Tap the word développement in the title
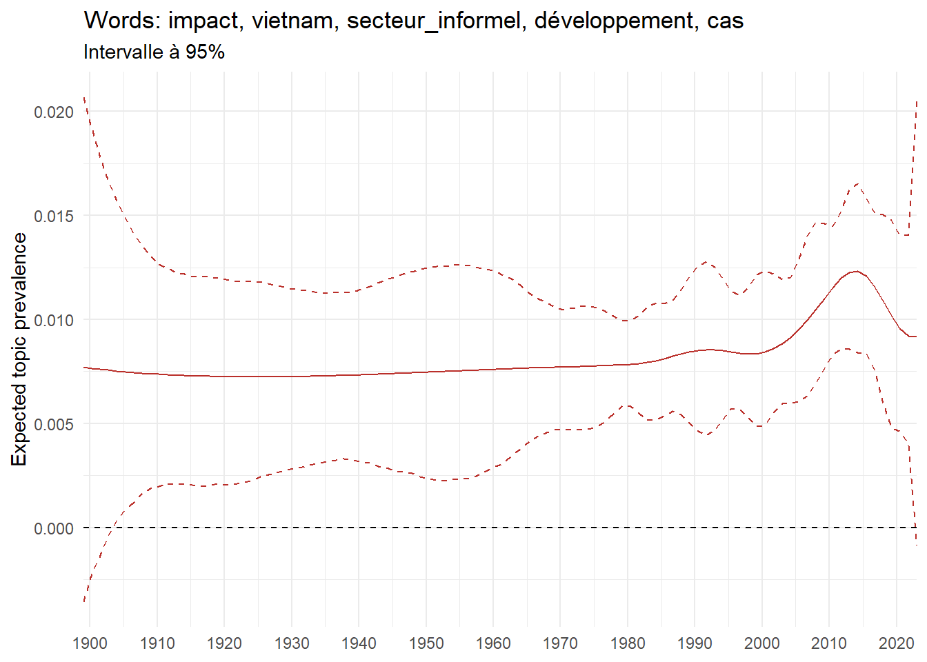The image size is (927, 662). pos(615,21)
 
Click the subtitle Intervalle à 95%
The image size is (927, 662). pos(154,52)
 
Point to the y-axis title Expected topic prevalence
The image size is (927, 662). pos(19,349)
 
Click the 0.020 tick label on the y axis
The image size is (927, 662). pos(54,112)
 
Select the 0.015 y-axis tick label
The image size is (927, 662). pos(54,216)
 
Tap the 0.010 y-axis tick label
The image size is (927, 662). pos(54,320)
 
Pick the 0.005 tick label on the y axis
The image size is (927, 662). pos(54,424)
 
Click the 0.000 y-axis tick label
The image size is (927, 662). pos(54,528)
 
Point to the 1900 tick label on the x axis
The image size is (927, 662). pos(90,643)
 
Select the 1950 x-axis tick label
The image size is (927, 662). pos(426,643)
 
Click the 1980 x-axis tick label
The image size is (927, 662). pos(628,643)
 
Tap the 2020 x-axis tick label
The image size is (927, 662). pos(897,643)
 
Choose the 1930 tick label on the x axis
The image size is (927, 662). pos(292,643)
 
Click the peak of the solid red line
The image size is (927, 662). pos(855,272)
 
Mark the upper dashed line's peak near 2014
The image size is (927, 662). pos(857,183)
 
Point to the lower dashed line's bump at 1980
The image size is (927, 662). pos(627,405)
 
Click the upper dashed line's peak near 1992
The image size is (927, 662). pos(705,262)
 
